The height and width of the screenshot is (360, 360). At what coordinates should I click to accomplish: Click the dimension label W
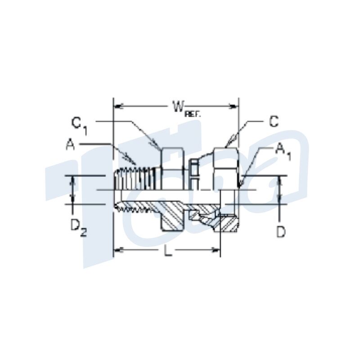pyautogui.click(x=179, y=107)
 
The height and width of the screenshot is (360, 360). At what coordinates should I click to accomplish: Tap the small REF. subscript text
pyautogui.click(x=193, y=114)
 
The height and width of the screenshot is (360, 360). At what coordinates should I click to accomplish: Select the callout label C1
pyautogui.click(x=79, y=126)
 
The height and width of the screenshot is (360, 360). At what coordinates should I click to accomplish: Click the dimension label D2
pyautogui.click(x=78, y=228)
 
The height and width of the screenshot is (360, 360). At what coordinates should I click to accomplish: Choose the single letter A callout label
pyautogui.click(x=71, y=144)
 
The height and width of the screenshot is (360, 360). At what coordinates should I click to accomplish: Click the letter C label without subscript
pyautogui.click(x=274, y=121)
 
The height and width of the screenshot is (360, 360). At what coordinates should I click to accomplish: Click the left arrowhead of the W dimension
pyautogui.click(x=117, y=106)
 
